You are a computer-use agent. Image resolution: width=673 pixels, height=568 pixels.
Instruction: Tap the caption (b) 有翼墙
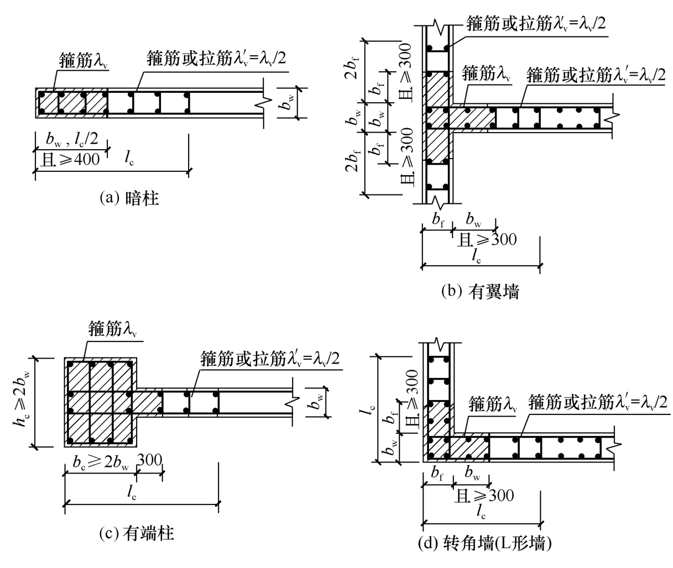[x=480, y=292]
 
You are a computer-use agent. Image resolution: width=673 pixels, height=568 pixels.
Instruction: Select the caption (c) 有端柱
[x=137, y=534]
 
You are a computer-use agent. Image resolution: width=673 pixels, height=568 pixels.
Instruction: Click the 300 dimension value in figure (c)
[x=149, y=460]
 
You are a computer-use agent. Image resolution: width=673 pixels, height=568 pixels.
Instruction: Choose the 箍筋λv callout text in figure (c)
[x=112, y=329]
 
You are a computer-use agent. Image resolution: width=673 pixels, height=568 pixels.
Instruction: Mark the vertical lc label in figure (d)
[x=371, y=411]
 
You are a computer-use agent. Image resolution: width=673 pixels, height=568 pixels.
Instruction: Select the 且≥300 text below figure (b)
[x=487, y=240]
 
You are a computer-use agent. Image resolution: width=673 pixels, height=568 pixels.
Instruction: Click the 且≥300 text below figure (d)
[x=484, y=496]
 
